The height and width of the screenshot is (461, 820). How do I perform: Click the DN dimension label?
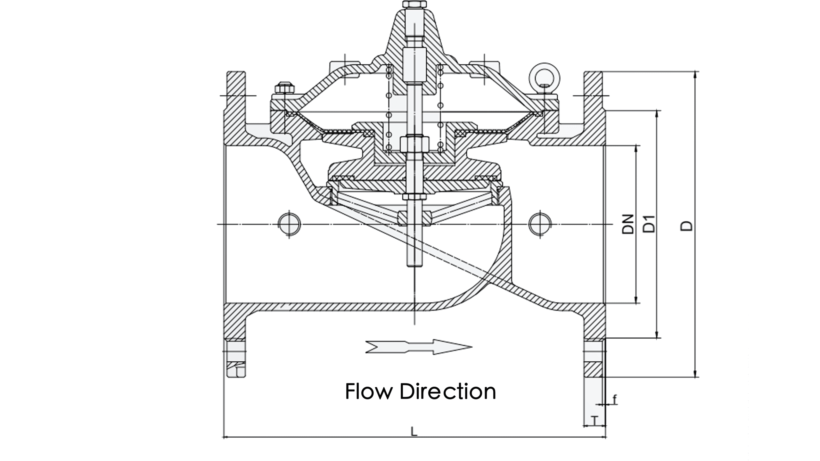(x=628, y=224)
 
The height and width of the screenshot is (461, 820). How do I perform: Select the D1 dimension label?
(x=649, y=224)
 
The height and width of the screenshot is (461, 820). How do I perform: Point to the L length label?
(x=414, y=431)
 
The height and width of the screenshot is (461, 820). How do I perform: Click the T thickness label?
(x=595, y=421)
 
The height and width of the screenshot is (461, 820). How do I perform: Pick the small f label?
(x=614, y=399)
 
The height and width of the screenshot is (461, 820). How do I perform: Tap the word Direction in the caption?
(x=448, y=391)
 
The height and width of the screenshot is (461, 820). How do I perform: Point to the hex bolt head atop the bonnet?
(x=414, y=5)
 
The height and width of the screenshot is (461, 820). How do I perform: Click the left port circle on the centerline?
(x=289, y=224)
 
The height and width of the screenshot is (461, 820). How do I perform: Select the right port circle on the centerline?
(x=540, y=224)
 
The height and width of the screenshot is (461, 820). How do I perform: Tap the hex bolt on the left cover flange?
(x=285, y=88)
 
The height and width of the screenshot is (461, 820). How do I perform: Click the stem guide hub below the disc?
(x=414, y=218)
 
